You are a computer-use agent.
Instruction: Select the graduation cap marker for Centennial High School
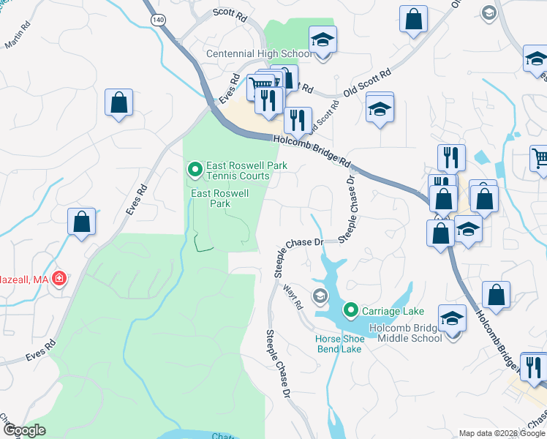(322, 40)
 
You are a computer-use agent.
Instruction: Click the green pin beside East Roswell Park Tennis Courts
(195, 170)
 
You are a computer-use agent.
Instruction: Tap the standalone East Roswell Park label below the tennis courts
(220, 198)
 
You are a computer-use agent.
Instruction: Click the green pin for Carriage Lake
(350, 310)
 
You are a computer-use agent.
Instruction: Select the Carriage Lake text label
(384, 310)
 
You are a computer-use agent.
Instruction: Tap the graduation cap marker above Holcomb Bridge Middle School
(453, 318)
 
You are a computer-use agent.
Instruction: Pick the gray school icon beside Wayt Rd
(319, 296)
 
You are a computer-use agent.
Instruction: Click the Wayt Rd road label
(292, 300)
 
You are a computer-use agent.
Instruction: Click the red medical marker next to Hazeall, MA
(59, 278)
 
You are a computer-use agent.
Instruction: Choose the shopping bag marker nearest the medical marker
(82, 221)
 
